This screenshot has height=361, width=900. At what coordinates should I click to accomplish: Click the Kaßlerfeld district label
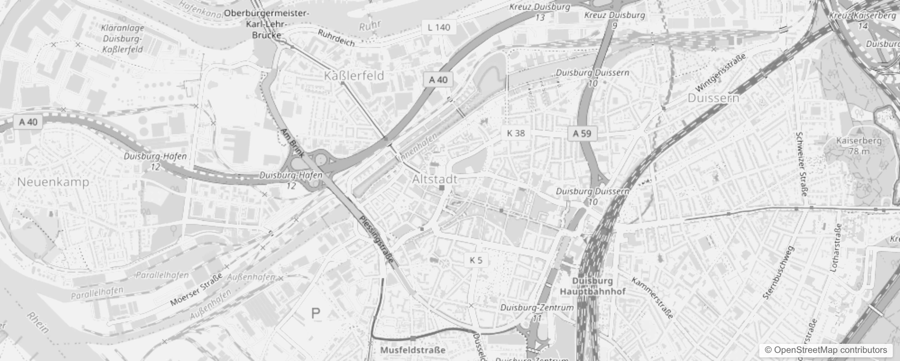[354, 76]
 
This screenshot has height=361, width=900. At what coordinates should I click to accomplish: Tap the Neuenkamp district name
[53, 182]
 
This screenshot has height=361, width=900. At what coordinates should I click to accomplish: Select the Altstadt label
[435, 179]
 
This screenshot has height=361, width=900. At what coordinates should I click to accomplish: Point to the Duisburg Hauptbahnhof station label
[592, 286]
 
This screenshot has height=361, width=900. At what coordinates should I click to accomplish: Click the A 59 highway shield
[582, 134]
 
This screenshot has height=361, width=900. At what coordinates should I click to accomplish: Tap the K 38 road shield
[516, 133]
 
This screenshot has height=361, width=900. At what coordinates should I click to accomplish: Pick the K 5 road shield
[476, 260]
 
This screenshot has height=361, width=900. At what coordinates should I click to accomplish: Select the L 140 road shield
[439, 28]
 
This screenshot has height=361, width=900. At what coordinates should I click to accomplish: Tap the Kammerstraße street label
[652, 298]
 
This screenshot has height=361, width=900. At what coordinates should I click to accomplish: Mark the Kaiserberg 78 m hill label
[852, 146]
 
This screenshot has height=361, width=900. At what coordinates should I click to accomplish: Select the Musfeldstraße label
[413, 350]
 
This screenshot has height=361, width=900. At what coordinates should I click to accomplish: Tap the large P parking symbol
[316, 313]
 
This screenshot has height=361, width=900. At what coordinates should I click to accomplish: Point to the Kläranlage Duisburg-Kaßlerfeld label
[123, 39]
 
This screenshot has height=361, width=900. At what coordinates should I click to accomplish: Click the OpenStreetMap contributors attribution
[825, 350]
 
